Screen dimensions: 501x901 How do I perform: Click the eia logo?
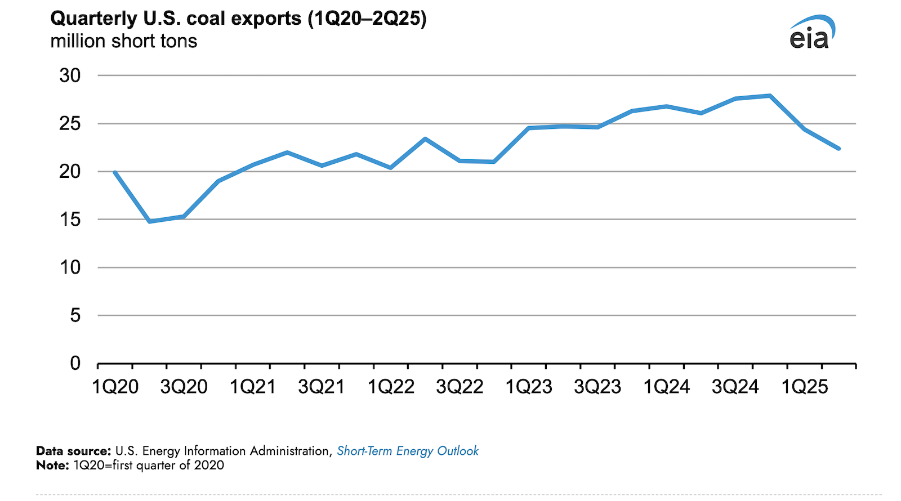tap(811, 33)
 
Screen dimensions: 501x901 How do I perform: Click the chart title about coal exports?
tap(238, 19)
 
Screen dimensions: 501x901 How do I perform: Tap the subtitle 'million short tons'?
tap(123, 42)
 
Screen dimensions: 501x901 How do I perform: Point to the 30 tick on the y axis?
tap(70, 75)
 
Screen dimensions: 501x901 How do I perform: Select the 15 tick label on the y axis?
tap(70, 220)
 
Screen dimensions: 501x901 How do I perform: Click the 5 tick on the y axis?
tap(75, 316)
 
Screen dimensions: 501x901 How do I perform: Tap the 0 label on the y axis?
tap(75, 364)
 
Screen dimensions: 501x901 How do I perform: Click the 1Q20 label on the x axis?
tap(115, 387)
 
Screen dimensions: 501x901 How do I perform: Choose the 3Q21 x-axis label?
tap(321, 387)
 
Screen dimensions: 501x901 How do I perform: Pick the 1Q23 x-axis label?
tap(528, 387)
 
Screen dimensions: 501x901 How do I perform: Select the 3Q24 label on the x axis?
tap(735, 387)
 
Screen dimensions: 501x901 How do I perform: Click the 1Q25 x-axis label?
tap(804, 387)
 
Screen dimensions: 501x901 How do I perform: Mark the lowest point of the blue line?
tap(150, 221)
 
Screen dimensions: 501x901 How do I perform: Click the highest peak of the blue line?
tap(770, 96)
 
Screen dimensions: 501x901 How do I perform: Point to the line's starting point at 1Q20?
tap(115, 172)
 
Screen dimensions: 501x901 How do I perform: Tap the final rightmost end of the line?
tap(838, 149)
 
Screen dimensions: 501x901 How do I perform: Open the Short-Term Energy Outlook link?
tap(407, 451)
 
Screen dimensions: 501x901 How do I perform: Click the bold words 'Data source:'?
tap(73, 451)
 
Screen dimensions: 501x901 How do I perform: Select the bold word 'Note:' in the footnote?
tap(52, 466)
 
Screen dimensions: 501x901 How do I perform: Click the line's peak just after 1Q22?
tap(425, 138)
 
